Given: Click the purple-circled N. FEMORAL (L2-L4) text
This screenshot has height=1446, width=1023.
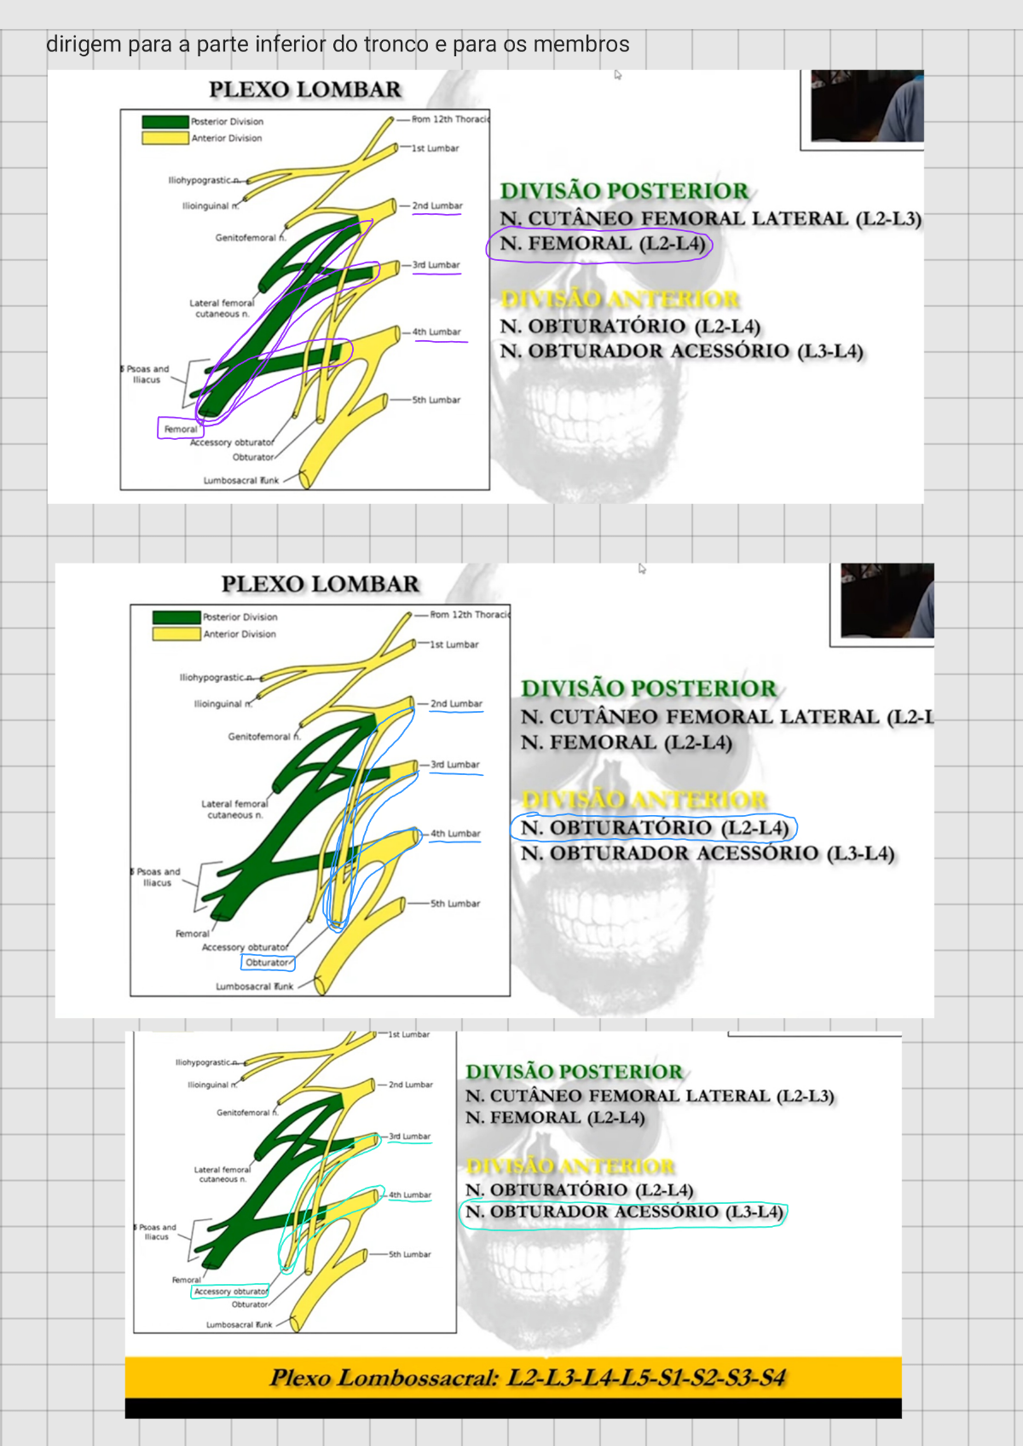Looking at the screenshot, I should pyautogui.click(x=602, y=244).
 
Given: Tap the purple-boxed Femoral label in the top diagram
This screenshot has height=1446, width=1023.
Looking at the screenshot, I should pyautogui.click(x=181, y=429).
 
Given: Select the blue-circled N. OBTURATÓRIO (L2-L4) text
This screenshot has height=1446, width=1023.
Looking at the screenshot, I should pyautogui.click(x=655, y=828).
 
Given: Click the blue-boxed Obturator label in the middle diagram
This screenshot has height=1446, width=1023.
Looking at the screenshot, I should pyautogui.click(x=268, y=963).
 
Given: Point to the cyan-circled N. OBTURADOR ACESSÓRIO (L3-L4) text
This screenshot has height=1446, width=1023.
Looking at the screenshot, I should pyautogui.click(x=623, y=1212).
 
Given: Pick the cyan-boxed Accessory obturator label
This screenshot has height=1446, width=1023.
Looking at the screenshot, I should pyautogui.click(x=230, y=1292).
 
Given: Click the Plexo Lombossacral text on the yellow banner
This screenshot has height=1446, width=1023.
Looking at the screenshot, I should pyautogui.click(x=527, y=1378).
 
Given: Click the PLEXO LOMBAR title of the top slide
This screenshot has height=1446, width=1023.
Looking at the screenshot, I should pyautogui.click(x=304, y=90).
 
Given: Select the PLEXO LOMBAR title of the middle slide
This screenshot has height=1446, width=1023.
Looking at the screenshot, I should pyautogui.click(x=320, y=584).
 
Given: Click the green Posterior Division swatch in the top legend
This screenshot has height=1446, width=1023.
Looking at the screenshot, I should pyautogui.click(x=165, y=122).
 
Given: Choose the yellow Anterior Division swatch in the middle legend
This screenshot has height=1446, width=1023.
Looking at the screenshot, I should pyautogui.click(x=176, y=634).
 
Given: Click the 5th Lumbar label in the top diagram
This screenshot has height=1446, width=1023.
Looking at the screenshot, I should pyautogui.click(x=436, y=400).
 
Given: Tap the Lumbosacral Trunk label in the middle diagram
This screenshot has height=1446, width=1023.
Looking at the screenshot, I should pyautogui.click(x=254, y=986).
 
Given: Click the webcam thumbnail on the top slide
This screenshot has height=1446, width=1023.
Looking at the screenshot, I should pyautogui.click(x=865, y=107).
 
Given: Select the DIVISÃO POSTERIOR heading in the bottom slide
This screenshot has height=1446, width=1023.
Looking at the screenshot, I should pyautogui.click(x=574, y=1072).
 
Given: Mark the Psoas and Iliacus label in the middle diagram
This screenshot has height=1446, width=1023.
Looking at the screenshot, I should pyautogui.click(x=158, y=877).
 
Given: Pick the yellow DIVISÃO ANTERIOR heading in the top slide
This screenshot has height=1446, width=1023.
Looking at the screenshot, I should pyautogui.click(x=620, y=299).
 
